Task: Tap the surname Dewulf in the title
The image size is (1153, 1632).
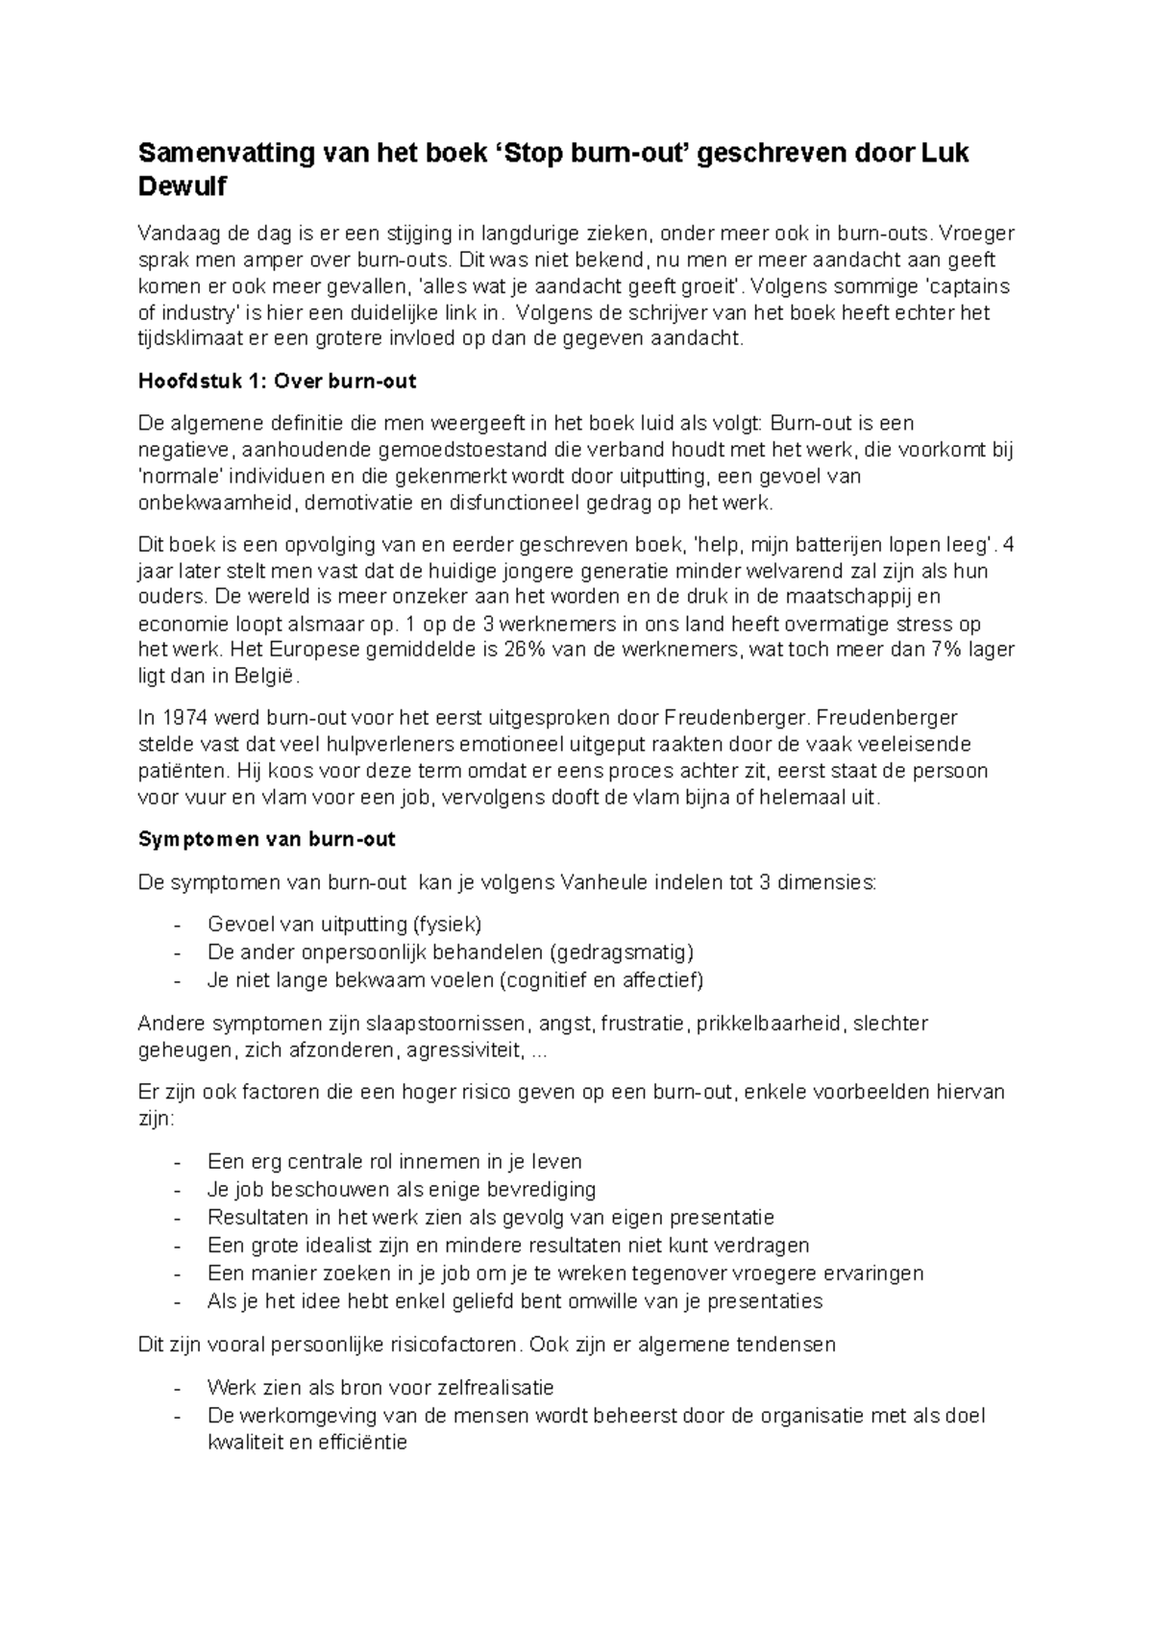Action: [183, 186]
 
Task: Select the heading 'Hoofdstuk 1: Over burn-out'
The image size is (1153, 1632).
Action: [277, 381]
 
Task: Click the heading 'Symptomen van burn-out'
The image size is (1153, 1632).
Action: [267, 839]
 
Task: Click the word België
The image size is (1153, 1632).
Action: [266, 676]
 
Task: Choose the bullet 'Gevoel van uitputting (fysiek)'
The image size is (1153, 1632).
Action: [344, 925]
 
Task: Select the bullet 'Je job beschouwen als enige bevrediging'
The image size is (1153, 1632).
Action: [402, 1190]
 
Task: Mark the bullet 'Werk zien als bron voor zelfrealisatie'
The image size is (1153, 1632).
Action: [380, 1388]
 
